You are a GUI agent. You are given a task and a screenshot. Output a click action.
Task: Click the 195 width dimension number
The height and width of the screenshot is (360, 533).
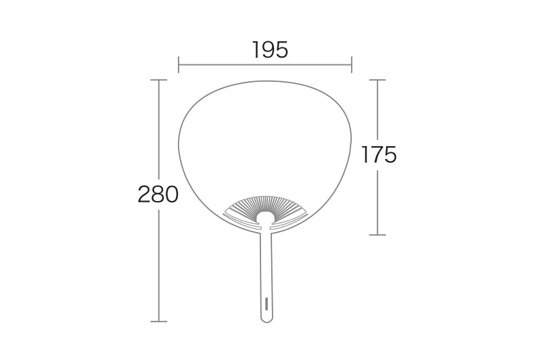(271, 49)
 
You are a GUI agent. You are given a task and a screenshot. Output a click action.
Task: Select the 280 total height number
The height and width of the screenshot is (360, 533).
(158, 194)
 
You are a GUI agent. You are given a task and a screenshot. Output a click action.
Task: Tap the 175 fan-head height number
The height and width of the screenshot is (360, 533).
(379, 155)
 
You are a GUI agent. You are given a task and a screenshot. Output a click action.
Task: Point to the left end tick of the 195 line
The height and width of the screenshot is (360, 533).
(179, 64)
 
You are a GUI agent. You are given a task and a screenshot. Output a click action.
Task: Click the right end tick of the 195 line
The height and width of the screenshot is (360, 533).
(352, 64)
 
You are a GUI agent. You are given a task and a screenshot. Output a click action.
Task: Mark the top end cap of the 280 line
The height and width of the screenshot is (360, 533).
(159, 80)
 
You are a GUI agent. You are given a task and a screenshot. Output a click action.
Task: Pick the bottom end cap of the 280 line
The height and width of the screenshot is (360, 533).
(159, 321)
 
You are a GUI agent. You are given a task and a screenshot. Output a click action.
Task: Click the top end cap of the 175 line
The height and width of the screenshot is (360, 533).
(377, 80)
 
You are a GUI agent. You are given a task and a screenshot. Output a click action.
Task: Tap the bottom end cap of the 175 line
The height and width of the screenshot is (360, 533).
(377, 235)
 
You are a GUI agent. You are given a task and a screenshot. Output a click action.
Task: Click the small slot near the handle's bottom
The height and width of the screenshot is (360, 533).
(266, 303)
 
